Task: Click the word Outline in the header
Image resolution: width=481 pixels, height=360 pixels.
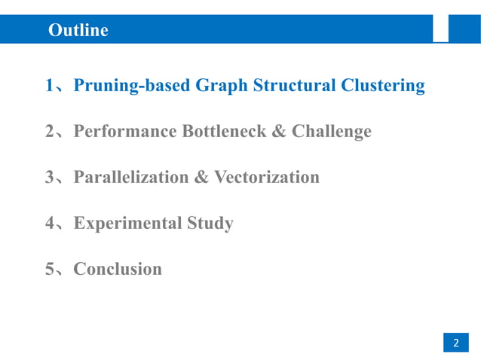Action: (x=78, y=31)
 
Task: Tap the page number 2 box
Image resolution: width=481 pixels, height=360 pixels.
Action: (x=455, y=343)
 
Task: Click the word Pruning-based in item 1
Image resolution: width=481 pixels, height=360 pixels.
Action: (x=132, y=87)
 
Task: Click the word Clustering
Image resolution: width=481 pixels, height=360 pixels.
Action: (x=383, y=87)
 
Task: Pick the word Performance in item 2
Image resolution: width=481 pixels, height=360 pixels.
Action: (x=125, y=132)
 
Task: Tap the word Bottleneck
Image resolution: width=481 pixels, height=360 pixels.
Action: (x=224, y=132)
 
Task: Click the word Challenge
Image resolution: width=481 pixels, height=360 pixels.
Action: (x=332, y=132)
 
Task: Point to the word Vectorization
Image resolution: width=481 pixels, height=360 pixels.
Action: (x=267, y=178)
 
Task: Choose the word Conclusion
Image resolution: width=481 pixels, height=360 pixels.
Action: (x=118, y=269)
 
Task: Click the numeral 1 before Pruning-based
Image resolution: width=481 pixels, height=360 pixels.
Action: (x=49, y=87)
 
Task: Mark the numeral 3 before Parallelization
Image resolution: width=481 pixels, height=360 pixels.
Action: (x=49, y=178)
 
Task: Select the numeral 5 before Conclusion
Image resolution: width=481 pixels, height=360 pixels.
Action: (x=49, y=270)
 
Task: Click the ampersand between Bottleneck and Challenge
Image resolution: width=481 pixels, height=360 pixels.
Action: (x=278, y=132)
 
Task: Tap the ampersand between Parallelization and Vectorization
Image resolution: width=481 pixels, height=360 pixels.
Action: (x=201, y=178)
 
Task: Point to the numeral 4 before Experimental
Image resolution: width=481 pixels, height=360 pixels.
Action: (x=49, y=224)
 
